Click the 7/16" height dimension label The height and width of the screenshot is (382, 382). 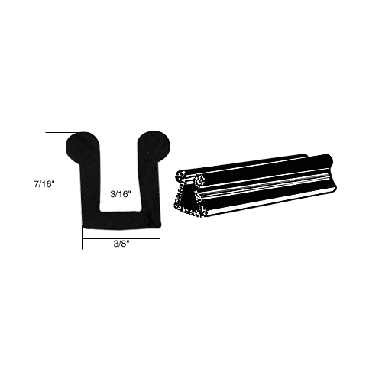click(x=44, y=184)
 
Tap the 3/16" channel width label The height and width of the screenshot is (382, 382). click(x=121, y=194)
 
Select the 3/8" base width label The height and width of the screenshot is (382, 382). click(x=121, y=244)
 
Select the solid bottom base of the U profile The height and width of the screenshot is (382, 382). click(x=121, y=220)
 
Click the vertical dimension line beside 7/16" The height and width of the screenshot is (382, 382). click(x=57, y=180)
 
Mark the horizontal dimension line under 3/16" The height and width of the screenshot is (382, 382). click(x=121, y=199)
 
